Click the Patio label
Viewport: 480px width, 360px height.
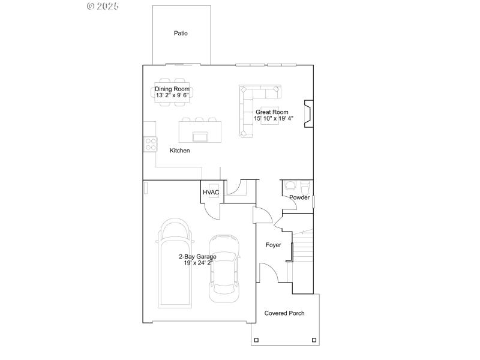click(x=181, y=34)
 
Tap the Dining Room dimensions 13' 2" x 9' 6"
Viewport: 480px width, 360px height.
click(x=173, y=95)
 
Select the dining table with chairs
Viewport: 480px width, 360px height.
click(x=173, y=92)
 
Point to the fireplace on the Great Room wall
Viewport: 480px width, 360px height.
click(x=308, y=114)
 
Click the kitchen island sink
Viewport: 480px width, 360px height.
click(x=200, y=136)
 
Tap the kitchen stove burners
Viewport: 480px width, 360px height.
click(x=149, y=144)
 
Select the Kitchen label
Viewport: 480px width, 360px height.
click(x=179, y=151)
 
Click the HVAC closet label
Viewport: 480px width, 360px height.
click(x=211, y=193)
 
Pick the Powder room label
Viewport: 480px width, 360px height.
click(x=299, y=197)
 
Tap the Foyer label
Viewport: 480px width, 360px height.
click(x=274, y=245)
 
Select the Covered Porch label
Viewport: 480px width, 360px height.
click(x=284, y=313)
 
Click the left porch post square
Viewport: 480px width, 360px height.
click(x=256, y=340)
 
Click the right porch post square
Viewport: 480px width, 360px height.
click(x=313, y=340)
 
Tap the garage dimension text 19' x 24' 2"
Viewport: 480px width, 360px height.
click(x=197, y=263)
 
